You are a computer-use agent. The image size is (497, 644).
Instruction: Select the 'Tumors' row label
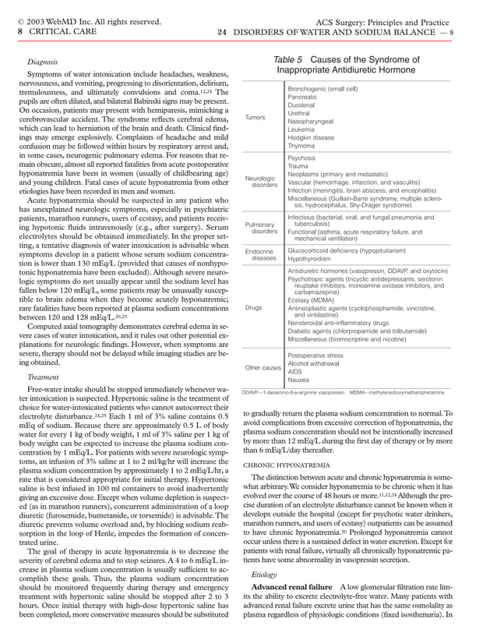pos(256,117)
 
